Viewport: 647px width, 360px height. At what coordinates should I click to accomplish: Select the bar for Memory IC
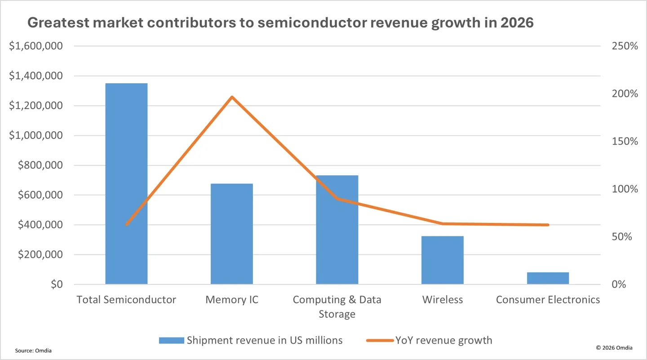tap(232, 234)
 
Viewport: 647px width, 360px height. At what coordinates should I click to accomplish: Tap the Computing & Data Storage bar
tap(337, 230)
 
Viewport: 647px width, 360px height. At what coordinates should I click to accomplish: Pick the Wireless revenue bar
tap(442, 260)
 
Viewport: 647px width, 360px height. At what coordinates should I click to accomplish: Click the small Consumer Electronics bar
tap(548, 278)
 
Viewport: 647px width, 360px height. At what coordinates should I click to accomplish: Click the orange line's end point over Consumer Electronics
tap(548, 225)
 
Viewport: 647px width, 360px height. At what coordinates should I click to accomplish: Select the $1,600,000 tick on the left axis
tap(35, 46)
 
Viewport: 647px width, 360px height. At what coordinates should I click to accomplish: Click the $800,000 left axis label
tap(39, 165)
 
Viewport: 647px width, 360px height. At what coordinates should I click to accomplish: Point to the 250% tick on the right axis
tap(625, 46)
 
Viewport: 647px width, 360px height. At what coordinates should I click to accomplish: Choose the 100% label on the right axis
tap(625, 189)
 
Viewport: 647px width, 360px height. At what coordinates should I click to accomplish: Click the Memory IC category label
tap(232, 300)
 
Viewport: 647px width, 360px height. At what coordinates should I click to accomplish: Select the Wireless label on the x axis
tap(442, 300)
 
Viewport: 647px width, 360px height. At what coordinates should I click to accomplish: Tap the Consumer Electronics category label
tap(548, 300)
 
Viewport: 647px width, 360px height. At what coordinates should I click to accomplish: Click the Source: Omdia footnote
tap(33, 351)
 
